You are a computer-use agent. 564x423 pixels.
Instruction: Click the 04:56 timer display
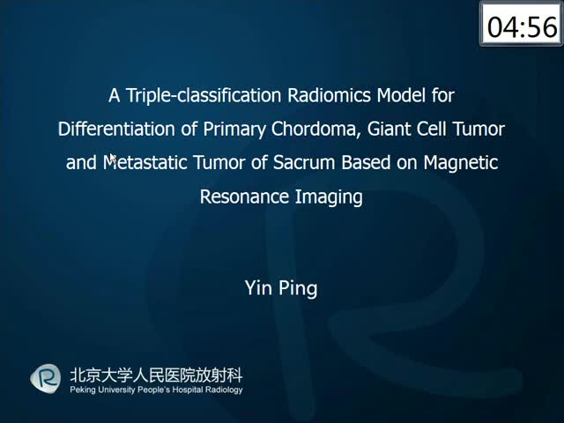point(521,24)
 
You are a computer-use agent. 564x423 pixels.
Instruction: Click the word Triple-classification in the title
point(204,96)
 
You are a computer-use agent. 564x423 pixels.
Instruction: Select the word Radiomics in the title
point(329,95)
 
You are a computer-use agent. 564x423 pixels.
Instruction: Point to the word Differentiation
point(117,129)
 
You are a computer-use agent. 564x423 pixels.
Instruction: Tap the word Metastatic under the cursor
point(145,162)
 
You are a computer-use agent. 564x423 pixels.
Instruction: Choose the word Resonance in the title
point(245,197)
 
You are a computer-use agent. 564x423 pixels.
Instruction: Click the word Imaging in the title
point(329,197)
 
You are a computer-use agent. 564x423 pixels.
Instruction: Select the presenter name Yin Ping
point(281,288)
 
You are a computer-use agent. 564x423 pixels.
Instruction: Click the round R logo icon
point(45,378)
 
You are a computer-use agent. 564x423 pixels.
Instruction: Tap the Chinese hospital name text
point(157,375)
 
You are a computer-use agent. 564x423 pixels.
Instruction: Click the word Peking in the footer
point(82,390)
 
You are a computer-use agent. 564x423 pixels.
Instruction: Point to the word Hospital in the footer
point(187,390)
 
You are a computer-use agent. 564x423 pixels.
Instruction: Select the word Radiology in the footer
point(223,390)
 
